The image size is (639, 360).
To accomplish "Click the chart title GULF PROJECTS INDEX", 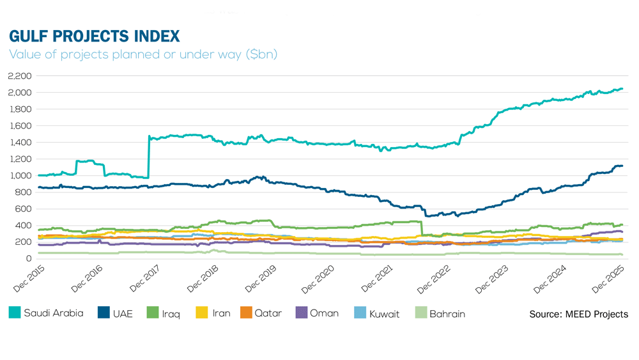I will pyautogui.click(x=95, y=35).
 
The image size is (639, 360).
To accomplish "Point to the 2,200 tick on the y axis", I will pyautogui.click(x=20, y=76).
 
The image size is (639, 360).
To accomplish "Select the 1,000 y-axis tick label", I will pyautogui.click(x=20, y=176).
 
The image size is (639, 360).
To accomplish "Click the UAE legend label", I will pyautogui.click(x=123, y=314).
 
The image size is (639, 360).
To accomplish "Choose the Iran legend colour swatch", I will pyautogui.click(x=203, y=313).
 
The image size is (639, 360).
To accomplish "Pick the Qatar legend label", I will pyautogui.click(x=268, y=314).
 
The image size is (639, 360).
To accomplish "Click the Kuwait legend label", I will pyautogui.click(x=385, y=314).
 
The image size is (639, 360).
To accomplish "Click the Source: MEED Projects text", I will pyautogui.click(x=578, y=314).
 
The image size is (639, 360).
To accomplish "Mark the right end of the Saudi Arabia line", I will pyautogui.click(x=622, y=89).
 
